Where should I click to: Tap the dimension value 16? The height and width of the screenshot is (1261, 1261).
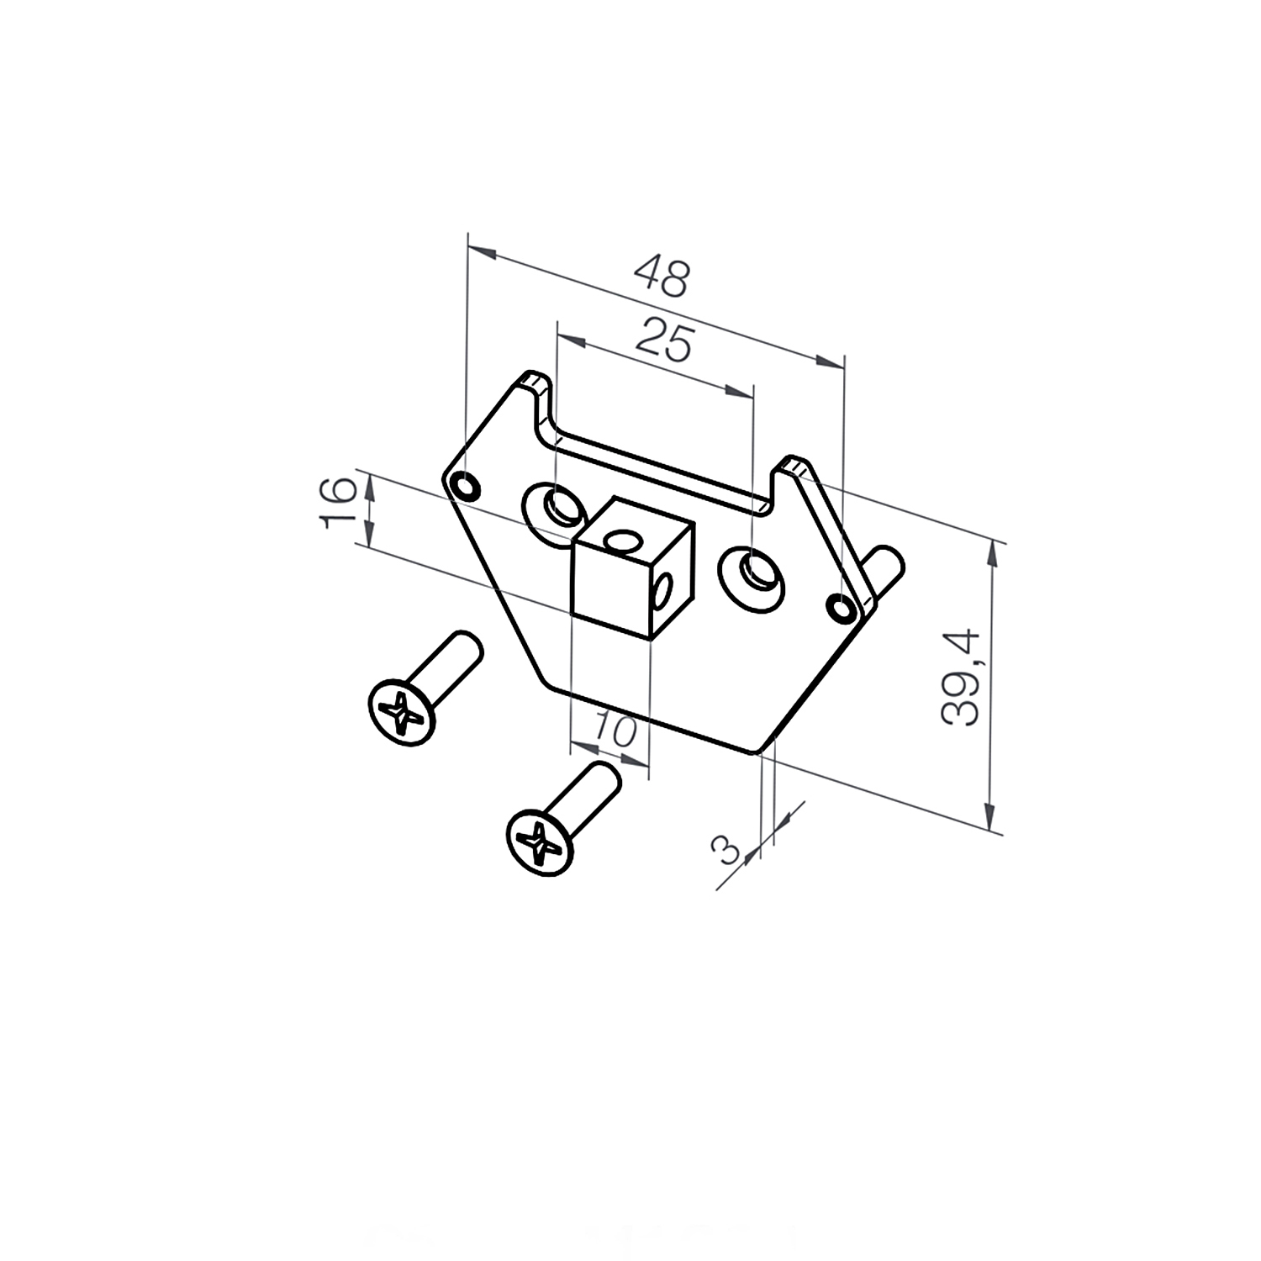(338, 502)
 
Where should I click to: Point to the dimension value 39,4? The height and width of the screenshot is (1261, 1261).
(961, 677)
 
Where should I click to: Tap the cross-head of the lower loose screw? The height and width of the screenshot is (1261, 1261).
(540, 842)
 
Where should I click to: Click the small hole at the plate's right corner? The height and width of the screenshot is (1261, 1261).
(841, 608)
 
